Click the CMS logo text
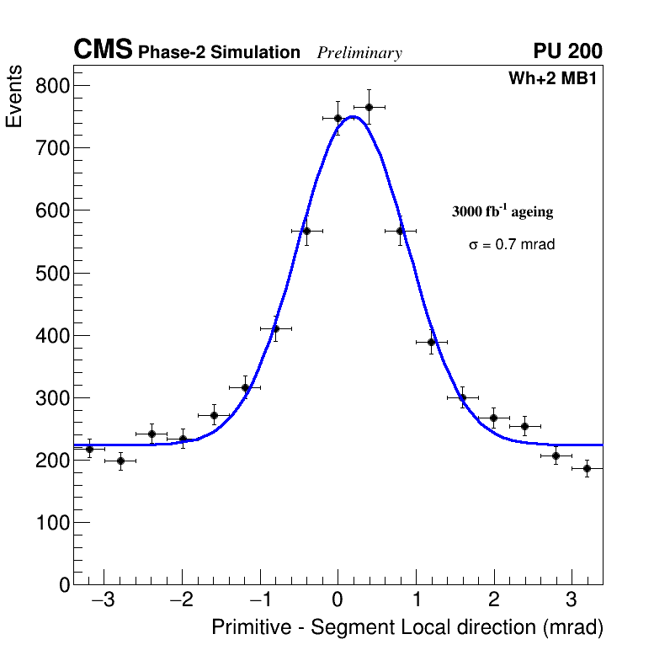click(x=103, y=51)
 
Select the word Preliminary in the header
click(x=359, y=53)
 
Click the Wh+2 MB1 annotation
click(x=552, y=79)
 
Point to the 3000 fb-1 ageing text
click(x=502, y=211)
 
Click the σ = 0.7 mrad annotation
click(x=512, y=245)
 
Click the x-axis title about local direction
click(x=407, y=628)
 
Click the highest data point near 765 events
click(x=369, y=107)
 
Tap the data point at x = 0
click(x=338, y=118)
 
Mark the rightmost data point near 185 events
click(x=587, y=468)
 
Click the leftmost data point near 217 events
click(x=89, y=449)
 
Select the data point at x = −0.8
click(x=275, y=328)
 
